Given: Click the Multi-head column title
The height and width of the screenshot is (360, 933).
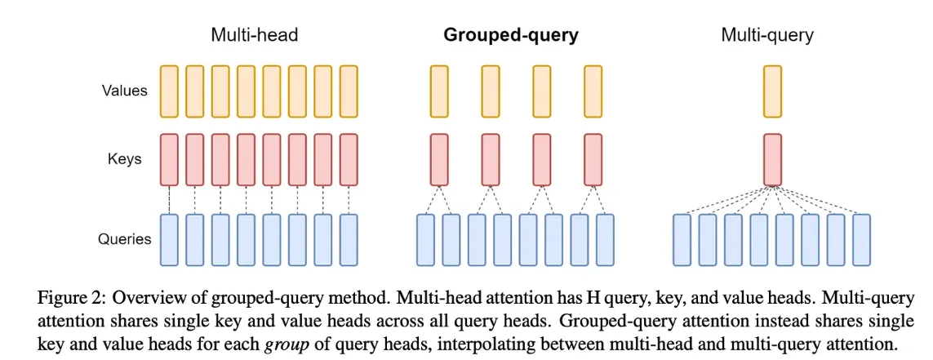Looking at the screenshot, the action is [254, 35].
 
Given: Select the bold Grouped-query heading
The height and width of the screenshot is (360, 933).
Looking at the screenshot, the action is [510, 36].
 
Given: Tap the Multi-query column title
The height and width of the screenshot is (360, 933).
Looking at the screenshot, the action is [767, 36].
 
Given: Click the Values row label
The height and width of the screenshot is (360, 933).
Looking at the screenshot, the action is [124, 91].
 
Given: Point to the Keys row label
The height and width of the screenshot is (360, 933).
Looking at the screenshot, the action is [124, 159].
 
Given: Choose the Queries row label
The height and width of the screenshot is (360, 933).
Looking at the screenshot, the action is [124, 240].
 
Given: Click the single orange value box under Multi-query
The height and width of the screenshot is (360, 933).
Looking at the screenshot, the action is [771, 91].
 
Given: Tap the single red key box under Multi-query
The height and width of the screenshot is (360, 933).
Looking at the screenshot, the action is [771, 159].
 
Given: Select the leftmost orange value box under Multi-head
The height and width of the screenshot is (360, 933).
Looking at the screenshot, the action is [170, 91].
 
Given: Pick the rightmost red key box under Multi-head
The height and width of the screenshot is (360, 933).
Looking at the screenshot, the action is [349, 159].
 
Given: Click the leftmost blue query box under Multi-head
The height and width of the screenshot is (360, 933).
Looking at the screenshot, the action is [170, 240].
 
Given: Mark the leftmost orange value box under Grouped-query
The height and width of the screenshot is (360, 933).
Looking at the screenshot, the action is [439, 91].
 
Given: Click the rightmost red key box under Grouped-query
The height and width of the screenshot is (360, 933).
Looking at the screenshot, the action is [593, 159].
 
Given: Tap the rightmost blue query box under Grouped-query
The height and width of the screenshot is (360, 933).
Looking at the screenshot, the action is [605, 240].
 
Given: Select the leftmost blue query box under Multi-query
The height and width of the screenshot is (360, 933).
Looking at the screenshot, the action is [682, 240].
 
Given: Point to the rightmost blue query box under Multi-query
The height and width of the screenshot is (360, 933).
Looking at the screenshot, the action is [861, 240].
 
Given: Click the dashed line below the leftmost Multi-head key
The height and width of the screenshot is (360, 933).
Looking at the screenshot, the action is [170, 200].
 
